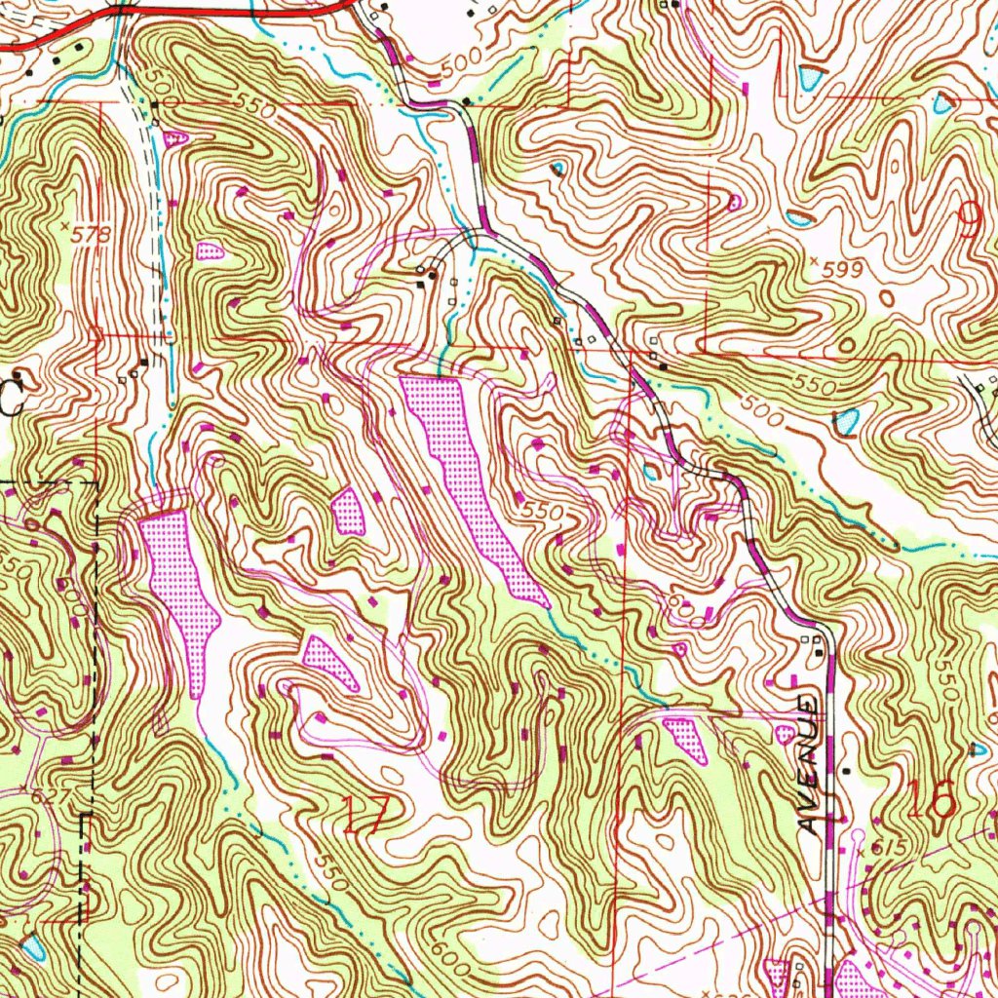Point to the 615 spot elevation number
pos(883,849)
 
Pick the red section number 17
pos(367,813)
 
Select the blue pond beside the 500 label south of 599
pos(846,422)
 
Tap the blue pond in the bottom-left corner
pos(34,946)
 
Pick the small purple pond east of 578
pos(210,251)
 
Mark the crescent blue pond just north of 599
pos(797,218)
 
